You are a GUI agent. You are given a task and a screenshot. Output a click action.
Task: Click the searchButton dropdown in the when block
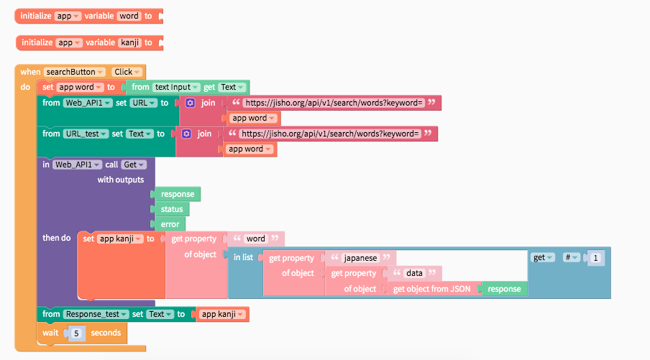pos(75,72)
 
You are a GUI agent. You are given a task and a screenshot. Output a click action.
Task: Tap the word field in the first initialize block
pos(129,15)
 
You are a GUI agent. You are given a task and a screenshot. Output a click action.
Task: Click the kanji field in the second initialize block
pos(129,42)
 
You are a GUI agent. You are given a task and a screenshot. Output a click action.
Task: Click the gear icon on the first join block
pos(191,103)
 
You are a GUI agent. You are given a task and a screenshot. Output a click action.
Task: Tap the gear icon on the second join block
pos(186,134)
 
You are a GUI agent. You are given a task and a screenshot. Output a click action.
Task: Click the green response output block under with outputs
pos(177,194)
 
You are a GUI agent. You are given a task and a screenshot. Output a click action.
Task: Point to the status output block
pos(173,209)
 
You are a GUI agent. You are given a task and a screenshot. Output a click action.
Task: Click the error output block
pos(170,224)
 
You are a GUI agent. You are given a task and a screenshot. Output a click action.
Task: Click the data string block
pos(413,273)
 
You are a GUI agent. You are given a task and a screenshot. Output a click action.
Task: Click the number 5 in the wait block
pos(75,333)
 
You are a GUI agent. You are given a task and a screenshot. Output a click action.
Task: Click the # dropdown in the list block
pos(571,257)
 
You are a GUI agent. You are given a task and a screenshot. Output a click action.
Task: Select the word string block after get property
pos(255,239)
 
